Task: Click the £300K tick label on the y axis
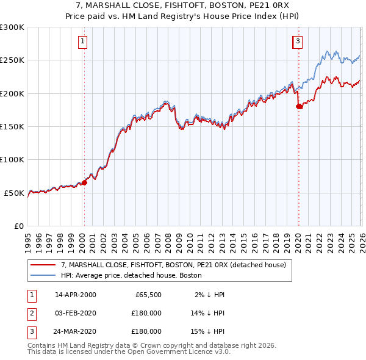coord(12,27)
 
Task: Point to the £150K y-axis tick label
coord(12,127)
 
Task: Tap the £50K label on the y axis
coord(15,193)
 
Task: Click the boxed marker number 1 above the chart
coord(82,41)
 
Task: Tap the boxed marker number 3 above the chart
coord(298,41)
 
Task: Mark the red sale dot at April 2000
coord(84,182)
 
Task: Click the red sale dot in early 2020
coord(299,107)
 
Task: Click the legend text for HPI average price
coord(131,276)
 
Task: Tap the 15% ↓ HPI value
coord(206,331)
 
